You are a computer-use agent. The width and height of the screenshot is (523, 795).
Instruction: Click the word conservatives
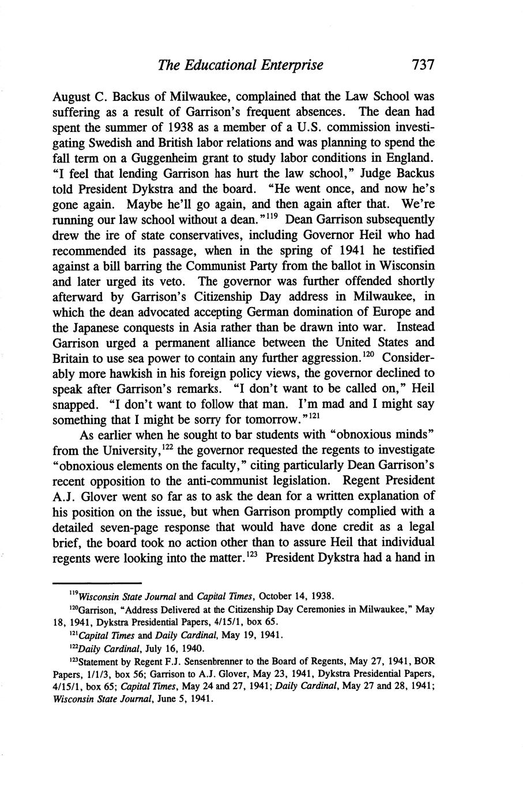click(203, 235)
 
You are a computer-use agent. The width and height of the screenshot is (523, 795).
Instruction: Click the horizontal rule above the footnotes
click(97, 583)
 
